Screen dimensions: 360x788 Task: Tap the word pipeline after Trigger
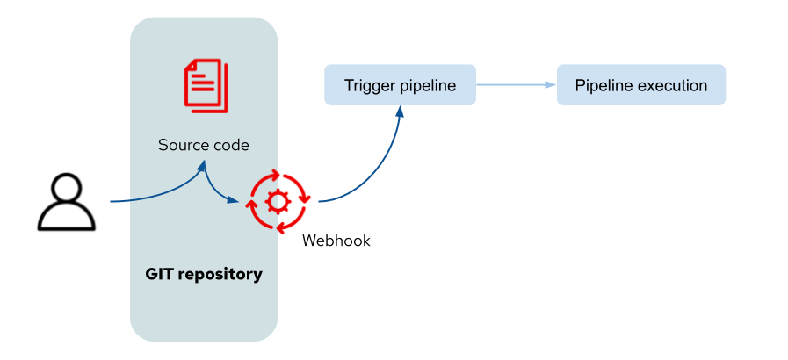(x=428, y=86)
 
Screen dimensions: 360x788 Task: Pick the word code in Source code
(x=229, y=145)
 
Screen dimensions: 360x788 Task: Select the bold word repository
(x=220, y=274)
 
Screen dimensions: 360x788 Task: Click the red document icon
(x=205, y=84)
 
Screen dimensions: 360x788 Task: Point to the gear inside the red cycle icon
(x=278, y=202)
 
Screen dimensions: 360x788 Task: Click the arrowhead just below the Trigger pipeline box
(x=400, y=112)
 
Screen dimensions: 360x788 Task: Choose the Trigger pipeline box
(x=400, y=85)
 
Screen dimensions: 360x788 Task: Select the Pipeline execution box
(x=641, y=85)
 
